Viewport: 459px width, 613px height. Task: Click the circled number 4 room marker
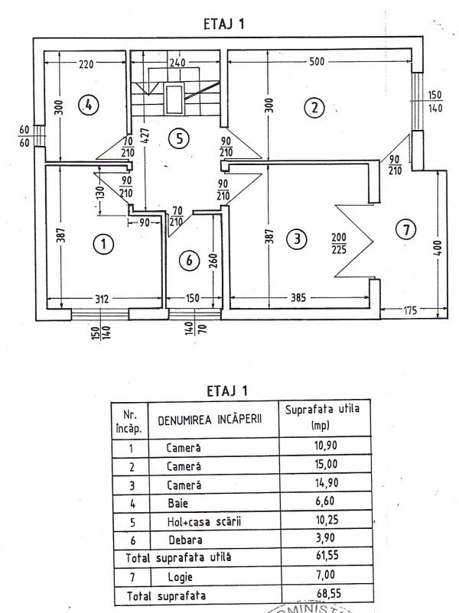(x=89, y=105)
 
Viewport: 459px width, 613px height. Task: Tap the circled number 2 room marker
(x=314, y=107)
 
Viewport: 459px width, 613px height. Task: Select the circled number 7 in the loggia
(x=406, y=229)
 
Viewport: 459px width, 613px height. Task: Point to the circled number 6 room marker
(x=190, y=260)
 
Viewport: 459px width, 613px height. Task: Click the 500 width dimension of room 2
(x=317, y=61)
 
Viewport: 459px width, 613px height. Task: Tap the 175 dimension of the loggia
(x=409, y=310)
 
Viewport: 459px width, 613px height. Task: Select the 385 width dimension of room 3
(x=298, y=298)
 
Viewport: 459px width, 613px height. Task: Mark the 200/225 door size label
(x=339, y=244)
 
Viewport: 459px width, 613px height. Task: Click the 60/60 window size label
(x=24, y=136)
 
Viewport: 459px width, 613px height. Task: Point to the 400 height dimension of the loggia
(x=438, y=248)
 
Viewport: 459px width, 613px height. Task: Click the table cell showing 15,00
(x=326, y=464)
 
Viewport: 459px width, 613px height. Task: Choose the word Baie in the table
(x=177, y=503)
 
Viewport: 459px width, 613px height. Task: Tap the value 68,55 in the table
(x=328, y=593)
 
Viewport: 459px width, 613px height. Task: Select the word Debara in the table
(x=185, y=540)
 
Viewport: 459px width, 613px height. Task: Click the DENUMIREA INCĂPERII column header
(x=210, y=420)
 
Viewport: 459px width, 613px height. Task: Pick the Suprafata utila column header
(x=322, y=417)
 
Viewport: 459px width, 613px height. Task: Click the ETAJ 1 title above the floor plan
(x=224, y=24)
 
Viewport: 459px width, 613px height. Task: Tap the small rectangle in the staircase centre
(x=174, y=99)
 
